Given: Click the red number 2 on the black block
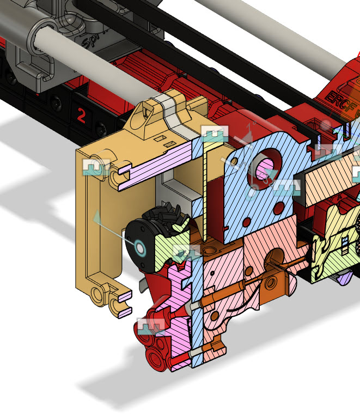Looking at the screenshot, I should tap(81, 115).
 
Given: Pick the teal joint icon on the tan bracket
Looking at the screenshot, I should tap(96, 167).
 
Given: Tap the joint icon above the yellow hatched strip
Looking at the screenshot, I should tap(215, 134).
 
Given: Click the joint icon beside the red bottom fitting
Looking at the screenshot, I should tap(151, 326).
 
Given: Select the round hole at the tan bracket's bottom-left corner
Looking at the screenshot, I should tap(99, 295).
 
